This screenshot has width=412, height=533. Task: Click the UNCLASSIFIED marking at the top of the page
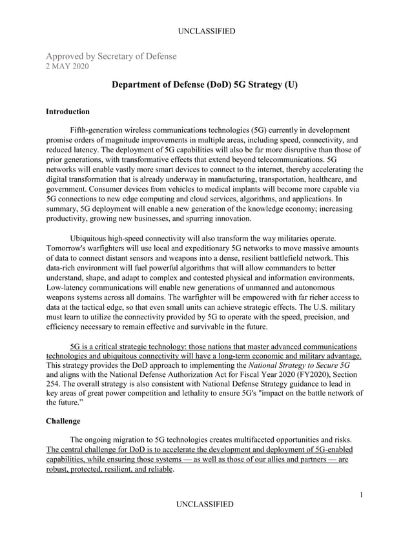[x=205, y=31]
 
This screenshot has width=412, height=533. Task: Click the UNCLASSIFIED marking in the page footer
[x=205, y=504]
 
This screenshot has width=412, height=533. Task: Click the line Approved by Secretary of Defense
[x=110, y=56]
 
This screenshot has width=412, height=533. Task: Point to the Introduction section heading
[x=68, y=112]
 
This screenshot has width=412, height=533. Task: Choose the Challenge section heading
[x=63, y=421]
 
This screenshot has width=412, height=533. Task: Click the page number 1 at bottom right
[x=362, y=494]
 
